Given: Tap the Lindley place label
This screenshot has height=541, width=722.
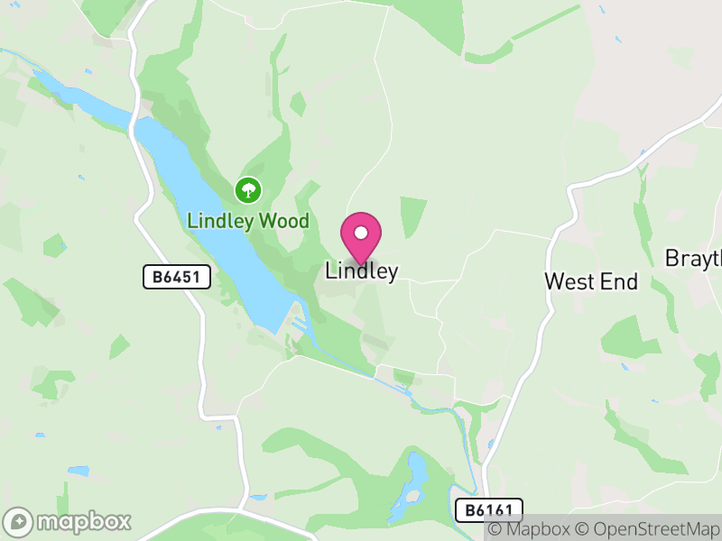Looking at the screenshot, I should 361,270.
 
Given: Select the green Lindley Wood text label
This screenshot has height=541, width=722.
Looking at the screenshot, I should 248,221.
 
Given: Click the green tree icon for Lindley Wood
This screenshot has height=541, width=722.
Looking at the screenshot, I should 247,190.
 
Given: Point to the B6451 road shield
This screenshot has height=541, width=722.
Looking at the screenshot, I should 177,277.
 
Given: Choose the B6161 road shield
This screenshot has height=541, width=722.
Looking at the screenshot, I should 488,510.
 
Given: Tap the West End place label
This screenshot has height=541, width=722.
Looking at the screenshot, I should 590,281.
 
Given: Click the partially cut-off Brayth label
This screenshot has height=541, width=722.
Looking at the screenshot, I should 693,259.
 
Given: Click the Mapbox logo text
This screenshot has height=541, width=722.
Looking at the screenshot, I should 83,522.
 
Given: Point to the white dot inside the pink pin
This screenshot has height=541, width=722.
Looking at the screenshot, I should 361,233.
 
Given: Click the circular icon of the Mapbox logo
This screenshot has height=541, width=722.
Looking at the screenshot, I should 18,522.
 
